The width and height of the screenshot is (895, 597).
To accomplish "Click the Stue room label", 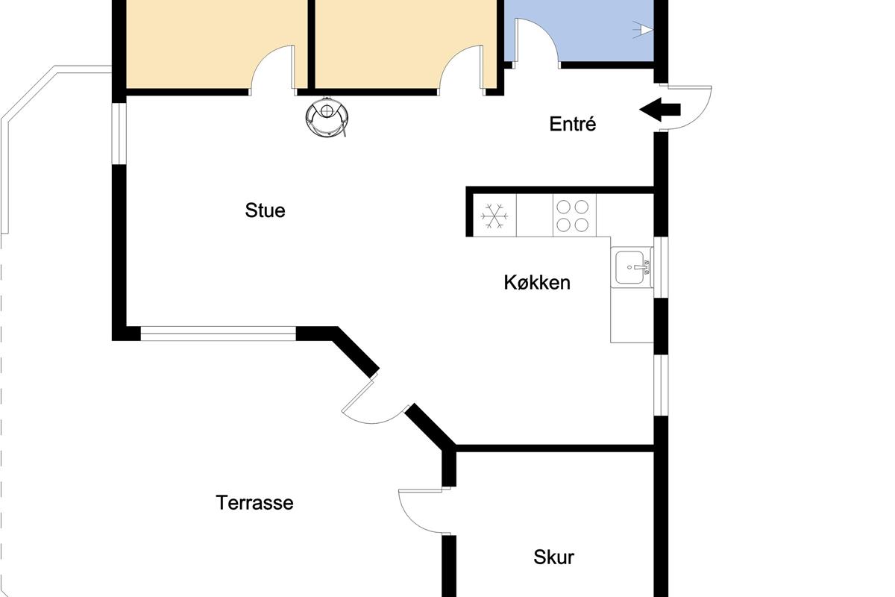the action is pos(265,210).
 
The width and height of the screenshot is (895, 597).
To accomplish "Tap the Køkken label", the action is pos(536,282).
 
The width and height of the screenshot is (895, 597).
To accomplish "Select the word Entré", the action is pos(573,124).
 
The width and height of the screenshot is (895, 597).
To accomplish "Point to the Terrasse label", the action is pos(254,503).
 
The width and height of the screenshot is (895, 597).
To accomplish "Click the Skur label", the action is pos(553,557).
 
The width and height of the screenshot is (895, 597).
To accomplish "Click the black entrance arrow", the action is pos(659,109).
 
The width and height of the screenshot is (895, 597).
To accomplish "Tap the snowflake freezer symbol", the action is pos(494,216).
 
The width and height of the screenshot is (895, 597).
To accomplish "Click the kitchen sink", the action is pos(630,267).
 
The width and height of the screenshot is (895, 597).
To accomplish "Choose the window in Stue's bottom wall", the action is pos(218,334).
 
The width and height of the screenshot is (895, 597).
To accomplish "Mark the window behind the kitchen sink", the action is pos(661,267).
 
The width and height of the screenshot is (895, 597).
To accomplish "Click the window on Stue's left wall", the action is pos(119,134).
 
